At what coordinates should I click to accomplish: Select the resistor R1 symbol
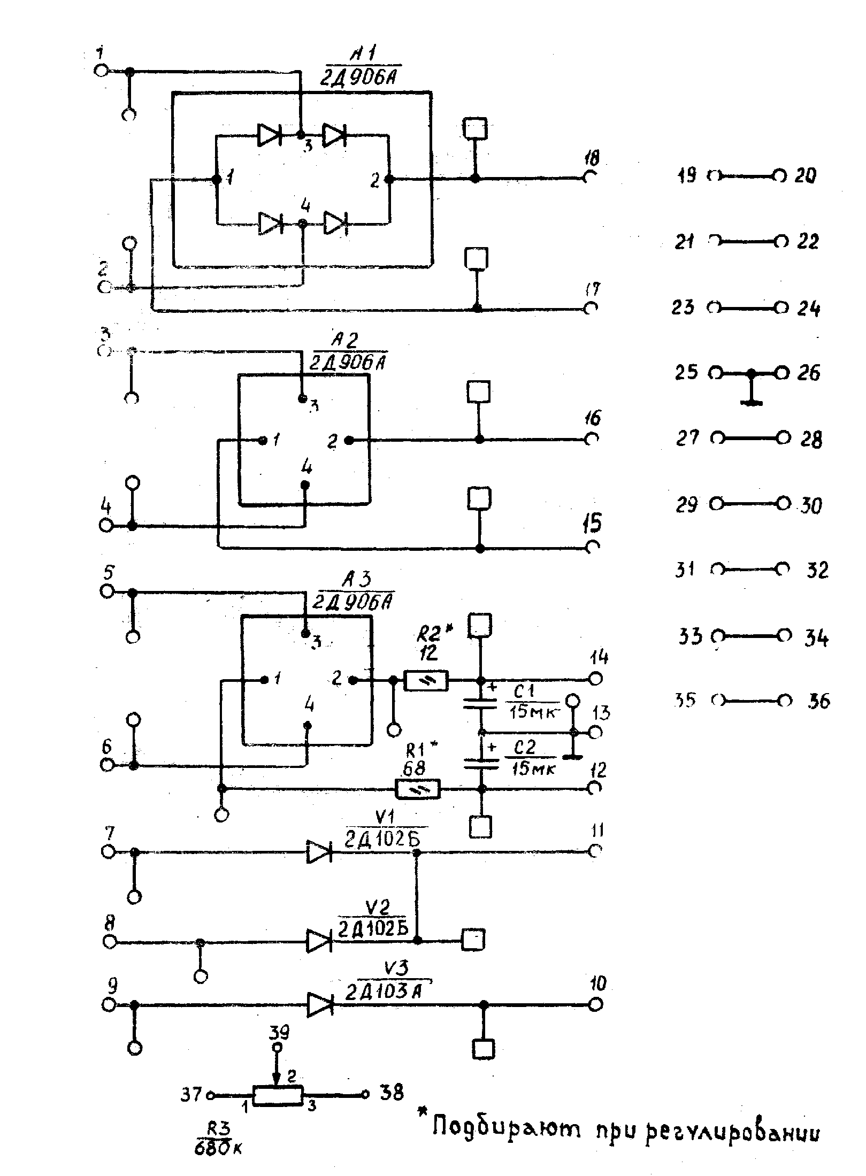[x=418, y=789]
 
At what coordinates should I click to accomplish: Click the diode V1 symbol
[x=319, y=851]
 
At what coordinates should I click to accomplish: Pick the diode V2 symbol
[x=319, y=941]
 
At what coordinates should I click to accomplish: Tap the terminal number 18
[x=592, y=158]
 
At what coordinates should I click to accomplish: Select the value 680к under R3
[x=218, y=1147]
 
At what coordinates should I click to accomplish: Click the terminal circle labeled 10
[x=595, y=1005]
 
